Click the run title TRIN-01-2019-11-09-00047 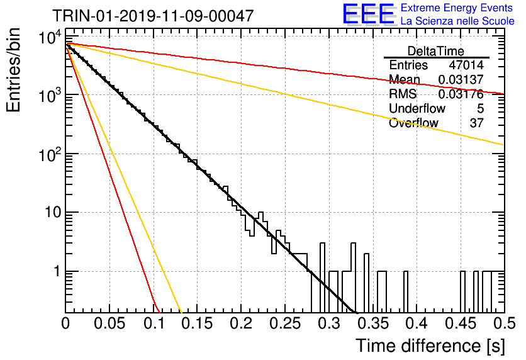(153, 16)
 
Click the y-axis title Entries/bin (13, 70)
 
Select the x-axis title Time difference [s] (430, 346)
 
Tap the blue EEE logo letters (369, 14)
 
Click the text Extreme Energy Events (457, 8)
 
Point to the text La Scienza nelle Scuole (457, 21)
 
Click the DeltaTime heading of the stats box (436, 51)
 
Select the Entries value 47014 (466, 65)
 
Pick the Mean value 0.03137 (461, 79)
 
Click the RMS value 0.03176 (461, 94)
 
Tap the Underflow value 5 (480, 108)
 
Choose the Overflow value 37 (477, 123)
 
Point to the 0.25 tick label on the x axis (285, 323)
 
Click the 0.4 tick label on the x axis (417, 323)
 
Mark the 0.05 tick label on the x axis (109, 323)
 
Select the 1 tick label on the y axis (57, 271)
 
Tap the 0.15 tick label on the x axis (197, 323)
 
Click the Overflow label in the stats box (413, 123)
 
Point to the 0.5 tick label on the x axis (504, 323)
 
